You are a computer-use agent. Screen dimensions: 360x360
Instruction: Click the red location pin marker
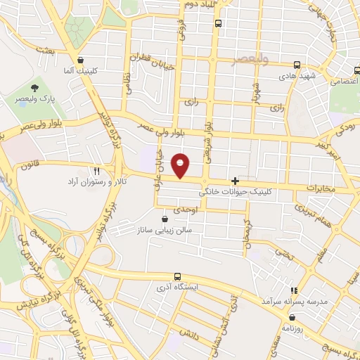(x=181, y=165)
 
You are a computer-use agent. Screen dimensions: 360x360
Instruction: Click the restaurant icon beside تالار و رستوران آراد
(x=97, y=171)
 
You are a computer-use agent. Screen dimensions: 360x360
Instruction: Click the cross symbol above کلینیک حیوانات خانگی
(x=235, y=180)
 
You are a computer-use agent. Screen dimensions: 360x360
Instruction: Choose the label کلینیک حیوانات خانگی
(x=235, y=191)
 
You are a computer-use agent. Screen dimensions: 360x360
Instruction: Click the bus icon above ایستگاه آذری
(x=176, y=278)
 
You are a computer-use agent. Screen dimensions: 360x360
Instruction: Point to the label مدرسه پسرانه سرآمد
(x=293, y=301)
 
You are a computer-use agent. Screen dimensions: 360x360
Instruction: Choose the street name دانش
(x=188, y=337)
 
